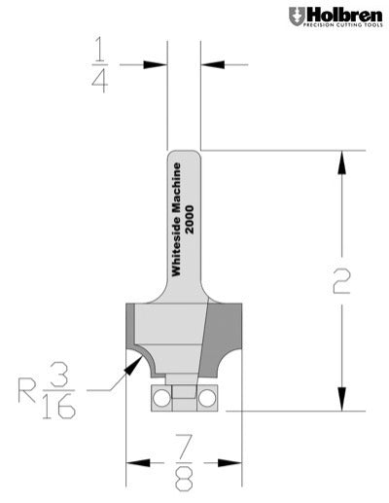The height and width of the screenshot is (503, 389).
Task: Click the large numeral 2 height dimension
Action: point(340,282)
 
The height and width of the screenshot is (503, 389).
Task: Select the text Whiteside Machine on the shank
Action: point(177,220)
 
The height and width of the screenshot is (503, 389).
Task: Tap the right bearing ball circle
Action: point(208,397)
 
